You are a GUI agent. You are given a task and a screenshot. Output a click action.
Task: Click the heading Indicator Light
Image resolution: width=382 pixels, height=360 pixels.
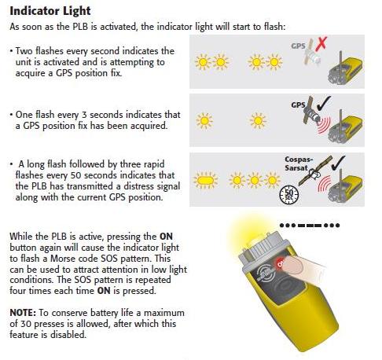coord(50,11)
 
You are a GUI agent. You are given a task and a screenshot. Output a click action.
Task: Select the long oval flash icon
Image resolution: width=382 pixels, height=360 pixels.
coord(206,180)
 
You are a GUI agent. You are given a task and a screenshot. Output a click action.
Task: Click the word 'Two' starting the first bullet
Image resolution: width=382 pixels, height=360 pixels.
coord(24,50)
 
